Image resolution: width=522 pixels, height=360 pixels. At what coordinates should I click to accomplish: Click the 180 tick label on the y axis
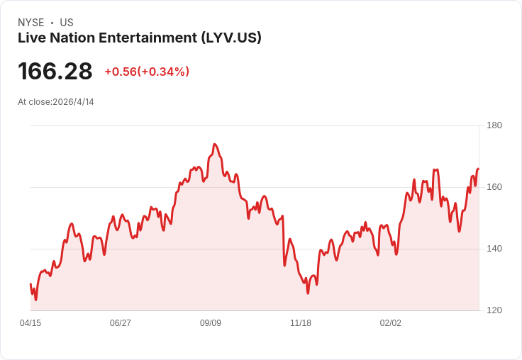(x=494, y=125)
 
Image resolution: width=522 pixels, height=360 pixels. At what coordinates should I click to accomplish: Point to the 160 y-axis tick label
(x=494, y=187)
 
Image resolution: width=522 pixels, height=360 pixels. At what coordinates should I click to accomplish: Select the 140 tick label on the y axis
(x=494, y=249)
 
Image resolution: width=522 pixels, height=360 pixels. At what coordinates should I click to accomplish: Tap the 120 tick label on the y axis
(x=494, y=310)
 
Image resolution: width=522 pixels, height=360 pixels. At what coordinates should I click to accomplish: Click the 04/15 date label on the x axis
(x=30, y=323)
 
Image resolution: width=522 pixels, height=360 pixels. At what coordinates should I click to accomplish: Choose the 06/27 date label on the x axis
(x=121, y=323)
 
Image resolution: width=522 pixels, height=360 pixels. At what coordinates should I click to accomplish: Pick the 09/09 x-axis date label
(x=211, y=323)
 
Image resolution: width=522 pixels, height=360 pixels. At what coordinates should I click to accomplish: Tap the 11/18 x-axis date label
(x=301, y=323)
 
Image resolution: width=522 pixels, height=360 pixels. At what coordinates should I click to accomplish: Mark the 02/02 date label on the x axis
(x=391, y=323)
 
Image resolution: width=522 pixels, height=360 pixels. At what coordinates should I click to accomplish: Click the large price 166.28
(x=55, y=72)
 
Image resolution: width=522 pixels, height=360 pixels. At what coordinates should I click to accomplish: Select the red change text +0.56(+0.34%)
(x=147, y=72)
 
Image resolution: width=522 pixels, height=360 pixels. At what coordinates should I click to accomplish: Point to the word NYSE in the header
(x=31, y=23)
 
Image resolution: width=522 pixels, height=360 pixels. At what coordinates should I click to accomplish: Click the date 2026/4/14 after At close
(x=73, y=102)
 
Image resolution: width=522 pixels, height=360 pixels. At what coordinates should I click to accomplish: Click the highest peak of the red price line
(x=214, y=144)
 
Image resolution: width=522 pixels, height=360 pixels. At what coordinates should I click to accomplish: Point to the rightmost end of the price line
(x=479, y=169)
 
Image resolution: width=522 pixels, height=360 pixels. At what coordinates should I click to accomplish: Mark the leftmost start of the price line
(x=30, y=283)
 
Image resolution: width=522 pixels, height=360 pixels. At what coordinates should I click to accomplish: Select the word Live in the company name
(x=30, y=38)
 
